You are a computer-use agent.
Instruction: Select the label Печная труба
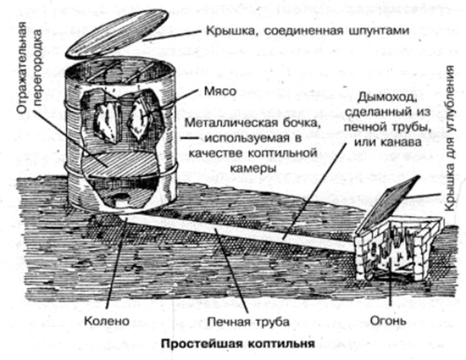[x=249, y=322]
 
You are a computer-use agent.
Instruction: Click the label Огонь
[x=388, y=322]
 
